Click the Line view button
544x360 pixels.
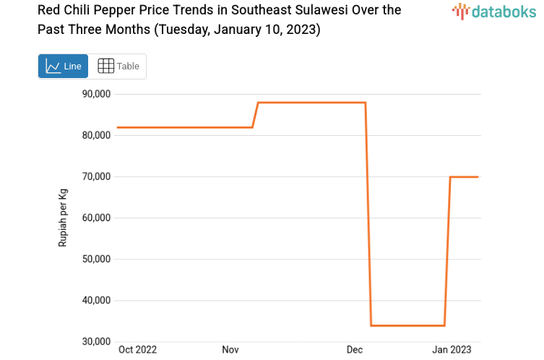(63, 66)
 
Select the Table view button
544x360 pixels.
(118, 66)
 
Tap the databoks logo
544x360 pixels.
(493, 11)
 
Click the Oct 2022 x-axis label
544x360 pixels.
(137, 350)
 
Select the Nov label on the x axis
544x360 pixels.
(230, 350)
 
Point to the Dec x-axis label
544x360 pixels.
(355, 350)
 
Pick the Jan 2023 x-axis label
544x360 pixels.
(452, 350)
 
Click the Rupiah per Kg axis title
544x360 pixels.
(63, 218)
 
